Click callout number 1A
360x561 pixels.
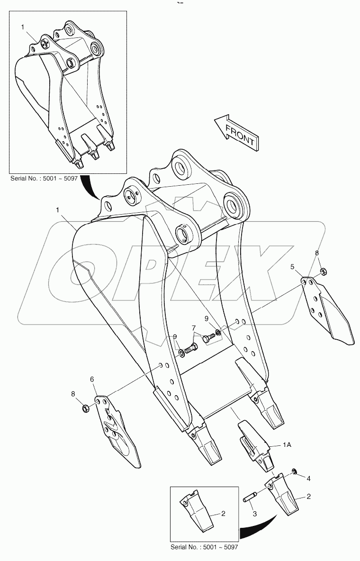287,445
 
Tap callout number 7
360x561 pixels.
194,327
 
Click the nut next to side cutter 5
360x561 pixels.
322,271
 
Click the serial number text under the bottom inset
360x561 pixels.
204,547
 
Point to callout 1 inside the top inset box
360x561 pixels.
22,27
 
